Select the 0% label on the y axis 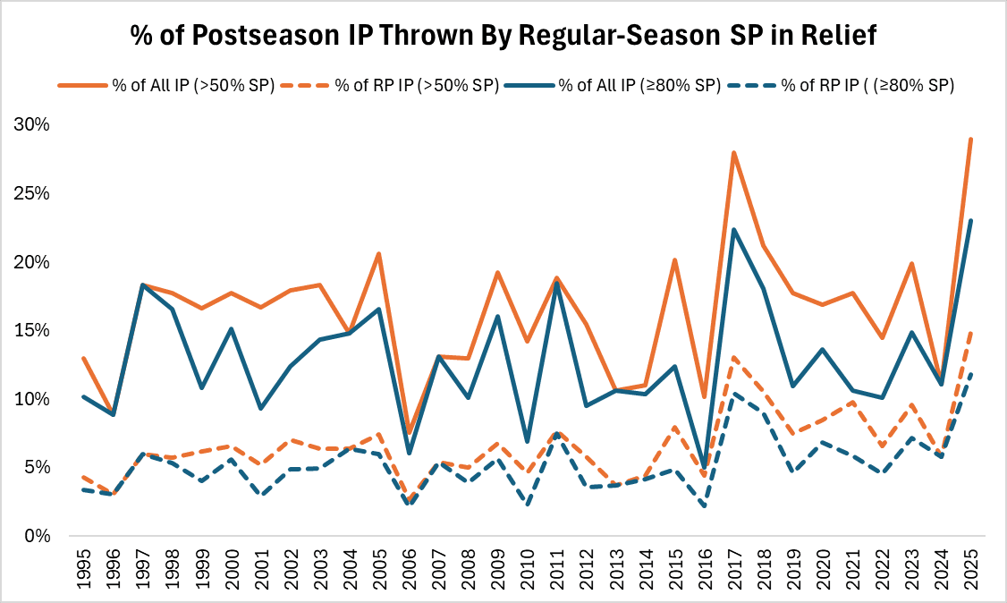(x=37, y=536)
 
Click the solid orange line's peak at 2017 (x=733, y=153)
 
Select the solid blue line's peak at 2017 (x=733, y=230)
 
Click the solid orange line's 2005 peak (x=380, y=254)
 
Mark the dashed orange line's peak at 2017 (x=733, y=358)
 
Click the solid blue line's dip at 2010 (x=527, y=442)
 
